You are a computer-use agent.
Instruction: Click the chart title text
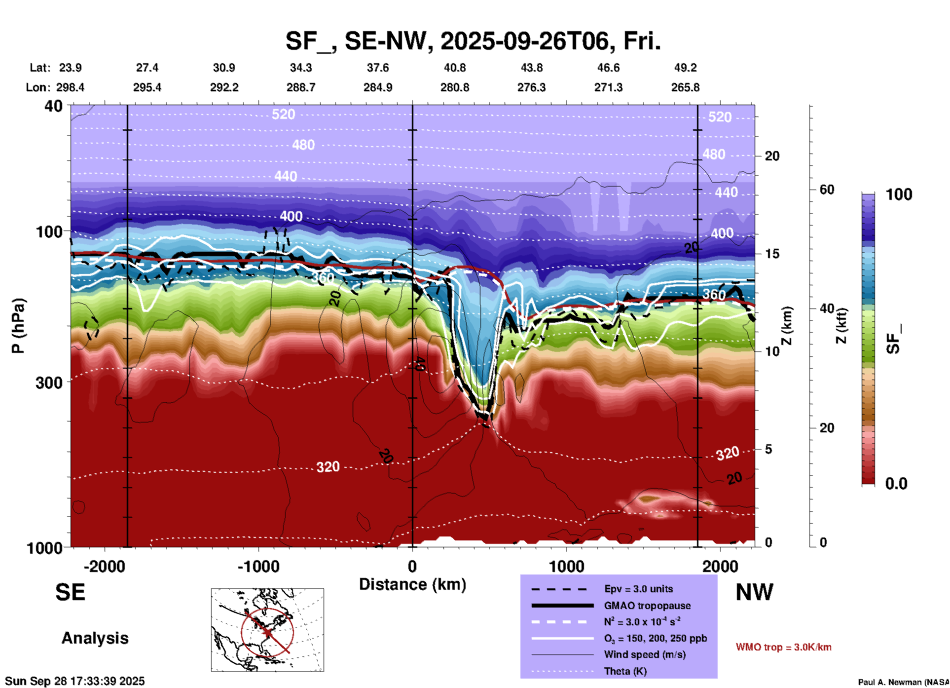473,41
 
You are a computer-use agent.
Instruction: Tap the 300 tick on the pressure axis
49,382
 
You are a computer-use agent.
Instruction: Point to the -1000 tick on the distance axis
258,566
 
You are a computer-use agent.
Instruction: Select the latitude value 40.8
454,68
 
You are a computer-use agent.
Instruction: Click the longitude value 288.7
300,87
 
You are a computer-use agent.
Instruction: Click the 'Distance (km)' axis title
412,584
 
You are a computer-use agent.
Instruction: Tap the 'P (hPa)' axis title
18,325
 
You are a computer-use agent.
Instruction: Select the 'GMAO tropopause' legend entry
647,606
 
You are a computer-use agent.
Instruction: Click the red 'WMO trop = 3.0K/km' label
783,647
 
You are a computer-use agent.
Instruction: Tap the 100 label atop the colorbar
899,194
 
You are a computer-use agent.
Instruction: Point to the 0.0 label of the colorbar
896,484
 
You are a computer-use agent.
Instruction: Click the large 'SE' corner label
70,592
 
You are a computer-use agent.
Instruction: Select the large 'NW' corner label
754,592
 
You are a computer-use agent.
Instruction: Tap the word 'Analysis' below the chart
95,638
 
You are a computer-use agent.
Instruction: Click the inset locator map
267,629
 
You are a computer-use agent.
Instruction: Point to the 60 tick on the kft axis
827,190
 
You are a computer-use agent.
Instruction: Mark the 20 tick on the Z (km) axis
772,156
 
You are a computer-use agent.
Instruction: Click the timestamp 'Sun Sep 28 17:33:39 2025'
75,681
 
